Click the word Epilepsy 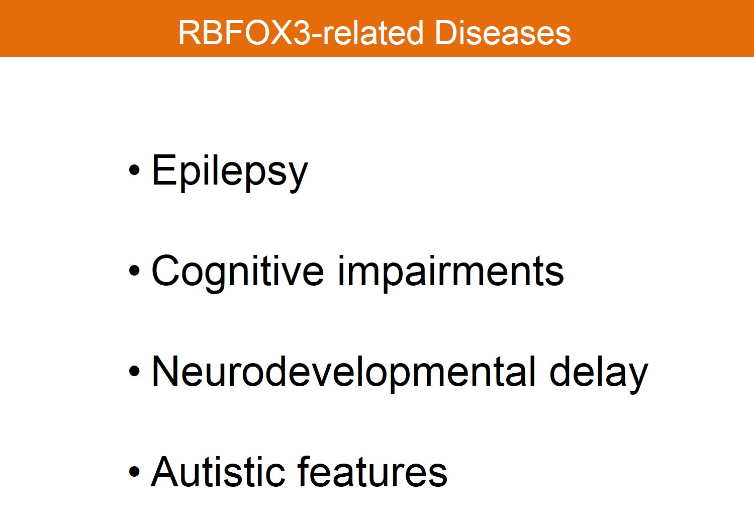click(x=230, y=172)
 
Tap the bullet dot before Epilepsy click(x=134, y=170)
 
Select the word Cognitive click(x=237, y=273)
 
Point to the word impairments click(x=451, y=273)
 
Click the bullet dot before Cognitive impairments click(x=134, y=271)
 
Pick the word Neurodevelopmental click(x=343, y=373)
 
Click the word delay click(x=599, y=373)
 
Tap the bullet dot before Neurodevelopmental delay click(x=134, y=371)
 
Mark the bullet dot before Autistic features click(x=134, y=472)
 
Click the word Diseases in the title click(x=503, y=33)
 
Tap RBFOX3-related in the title click(x=301, y=33)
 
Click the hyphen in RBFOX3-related click(x=316, y=36)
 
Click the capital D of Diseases click(x=446, y=33)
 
